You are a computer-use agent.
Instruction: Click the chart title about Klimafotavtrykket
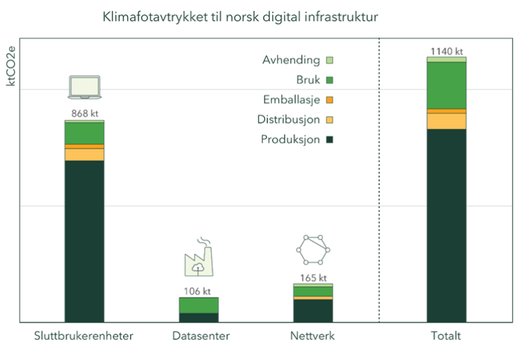[x=240, y=17]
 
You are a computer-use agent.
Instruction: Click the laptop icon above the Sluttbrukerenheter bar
[x=84, y=87]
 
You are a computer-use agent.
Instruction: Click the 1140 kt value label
[x=446, y=51]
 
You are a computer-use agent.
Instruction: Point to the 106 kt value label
[x=198, y=291]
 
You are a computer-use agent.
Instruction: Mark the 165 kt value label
[x=313, y=277]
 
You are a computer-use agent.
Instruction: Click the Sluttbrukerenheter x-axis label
[x=83, y=336]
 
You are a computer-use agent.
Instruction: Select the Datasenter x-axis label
[x=201, y=336]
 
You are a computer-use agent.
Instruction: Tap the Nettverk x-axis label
[x=313, y=336]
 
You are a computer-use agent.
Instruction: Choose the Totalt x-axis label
[x=446, y=336]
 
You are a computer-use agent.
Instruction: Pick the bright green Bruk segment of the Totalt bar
[x=446, y=85]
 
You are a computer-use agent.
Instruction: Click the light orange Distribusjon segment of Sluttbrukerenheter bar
[x=84, y=154]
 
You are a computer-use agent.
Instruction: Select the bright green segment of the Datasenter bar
[x=199, y=305]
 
